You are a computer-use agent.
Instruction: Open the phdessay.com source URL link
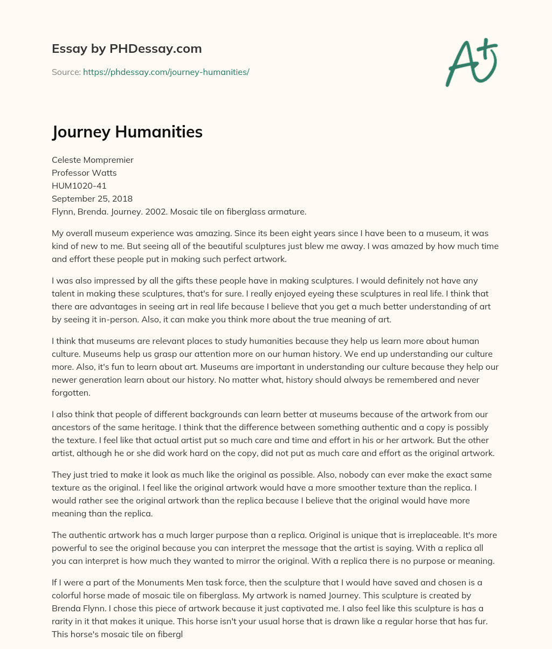coord(166,72)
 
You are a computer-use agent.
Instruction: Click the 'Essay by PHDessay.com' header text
coord(127,49)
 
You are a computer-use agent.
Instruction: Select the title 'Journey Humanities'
coord(127,132)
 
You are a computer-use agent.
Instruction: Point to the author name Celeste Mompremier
coord(93,160)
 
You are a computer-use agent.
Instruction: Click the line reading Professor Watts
coord(84,172)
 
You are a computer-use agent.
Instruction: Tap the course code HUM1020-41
coord(79,185)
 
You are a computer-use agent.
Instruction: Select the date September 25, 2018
coord(92,198)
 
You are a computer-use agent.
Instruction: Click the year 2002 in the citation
coord(157,211)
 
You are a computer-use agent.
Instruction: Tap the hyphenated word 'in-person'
coord(113,320)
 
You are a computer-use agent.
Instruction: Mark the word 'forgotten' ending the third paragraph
coord(71,393)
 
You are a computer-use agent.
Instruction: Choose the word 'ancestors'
coord(71,427)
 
